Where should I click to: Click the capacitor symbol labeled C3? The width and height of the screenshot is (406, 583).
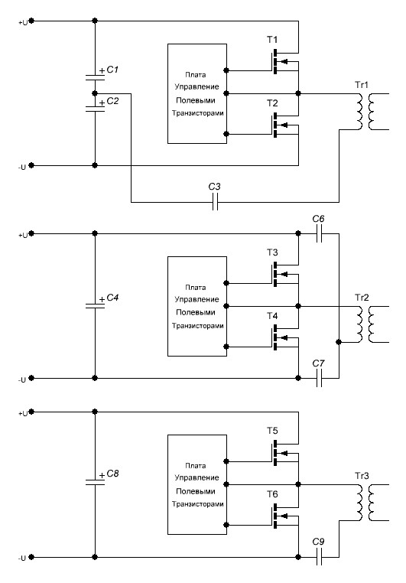pos(215,203)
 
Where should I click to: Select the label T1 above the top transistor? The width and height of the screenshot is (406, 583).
pos(272,40)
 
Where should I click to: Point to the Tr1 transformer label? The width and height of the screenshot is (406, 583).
pos(362,85)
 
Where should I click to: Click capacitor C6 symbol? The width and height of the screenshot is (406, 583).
pos(319,234)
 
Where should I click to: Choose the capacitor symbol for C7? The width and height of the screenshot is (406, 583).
pos(319,379)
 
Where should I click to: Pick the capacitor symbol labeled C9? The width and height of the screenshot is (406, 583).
pos(319,557)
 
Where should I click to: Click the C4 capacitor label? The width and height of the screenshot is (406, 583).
pos(112,298)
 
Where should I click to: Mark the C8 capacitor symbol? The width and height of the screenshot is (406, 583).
pos(95,482)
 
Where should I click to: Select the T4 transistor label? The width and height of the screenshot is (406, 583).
pos(272,316)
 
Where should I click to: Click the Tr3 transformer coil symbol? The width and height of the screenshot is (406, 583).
pos(366,502)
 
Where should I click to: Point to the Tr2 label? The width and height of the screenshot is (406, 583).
pos(362,298)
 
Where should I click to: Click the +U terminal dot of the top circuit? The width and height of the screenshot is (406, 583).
pos(31,21)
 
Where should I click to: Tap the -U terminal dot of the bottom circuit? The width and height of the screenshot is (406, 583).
pos(31,557)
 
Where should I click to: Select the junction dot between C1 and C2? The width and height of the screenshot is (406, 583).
pos(95,93)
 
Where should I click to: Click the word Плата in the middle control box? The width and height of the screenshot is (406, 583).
pos(196,288)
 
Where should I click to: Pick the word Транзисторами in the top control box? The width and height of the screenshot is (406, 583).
pos(197,113)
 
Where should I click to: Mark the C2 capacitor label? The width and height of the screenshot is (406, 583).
pos(112,101)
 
